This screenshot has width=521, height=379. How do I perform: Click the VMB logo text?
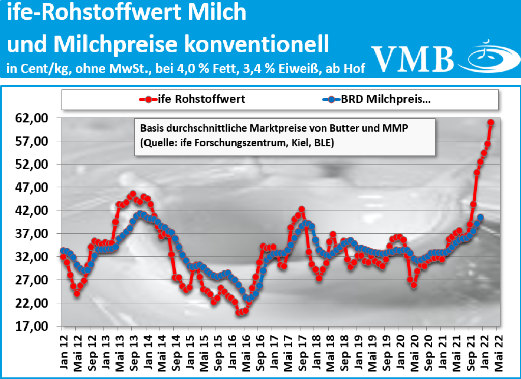click(412, 57)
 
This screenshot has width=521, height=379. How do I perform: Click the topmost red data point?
click(490, 122)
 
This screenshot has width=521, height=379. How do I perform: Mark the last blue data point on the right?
click(480, 218)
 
